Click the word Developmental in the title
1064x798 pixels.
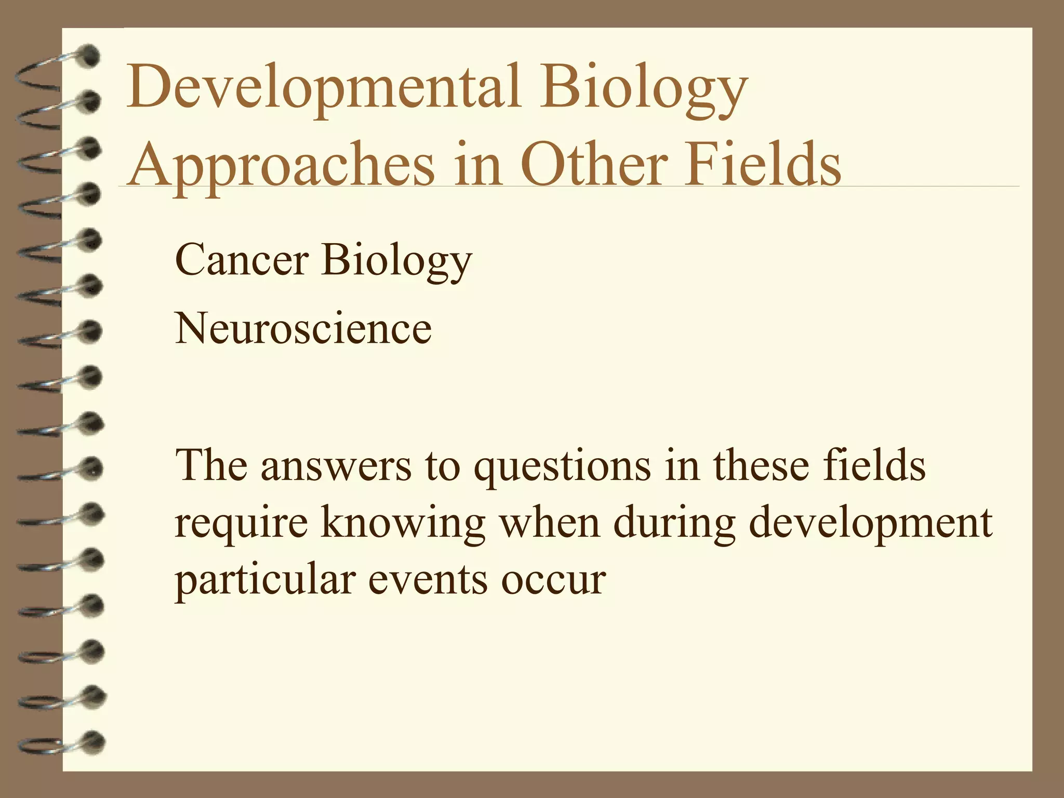pos(322,87)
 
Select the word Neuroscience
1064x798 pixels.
pos(303,328)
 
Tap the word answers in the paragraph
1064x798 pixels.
pos(336,465)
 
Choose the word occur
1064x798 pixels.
pos(553,581)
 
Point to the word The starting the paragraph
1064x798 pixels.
pos(211,465)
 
